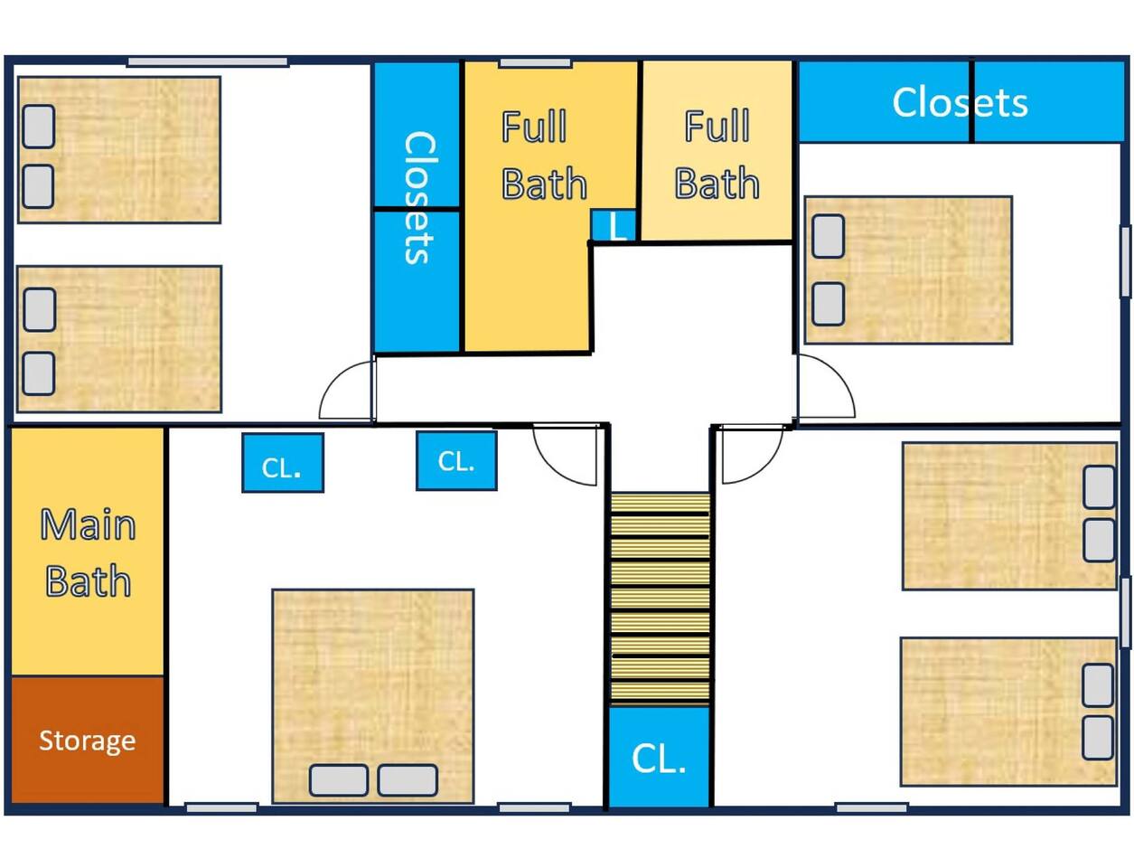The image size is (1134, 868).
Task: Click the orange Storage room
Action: [88, 740]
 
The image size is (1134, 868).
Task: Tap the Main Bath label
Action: [88, 552]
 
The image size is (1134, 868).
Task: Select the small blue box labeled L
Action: [614, 225]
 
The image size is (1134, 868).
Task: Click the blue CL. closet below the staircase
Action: [659, 757]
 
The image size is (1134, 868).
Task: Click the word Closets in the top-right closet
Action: [960, 102]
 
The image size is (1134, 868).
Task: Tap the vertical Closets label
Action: [419, 197]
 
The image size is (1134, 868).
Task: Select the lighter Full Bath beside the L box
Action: [717, 150]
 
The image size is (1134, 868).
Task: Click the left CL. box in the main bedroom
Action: [283, 463]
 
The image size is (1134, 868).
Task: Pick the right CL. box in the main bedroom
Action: [456, 461]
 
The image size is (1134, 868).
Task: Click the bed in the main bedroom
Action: [373, 696]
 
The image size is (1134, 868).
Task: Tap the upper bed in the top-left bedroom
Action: [119, 150]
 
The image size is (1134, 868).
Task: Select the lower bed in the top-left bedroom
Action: [119, 339]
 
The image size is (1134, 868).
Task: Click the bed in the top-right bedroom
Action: [908, 269]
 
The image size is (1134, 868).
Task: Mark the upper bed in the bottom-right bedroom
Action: [1009, 516]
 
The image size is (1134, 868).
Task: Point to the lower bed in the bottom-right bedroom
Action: [1008, 712]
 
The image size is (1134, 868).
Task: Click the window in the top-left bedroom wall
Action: [208, 62]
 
